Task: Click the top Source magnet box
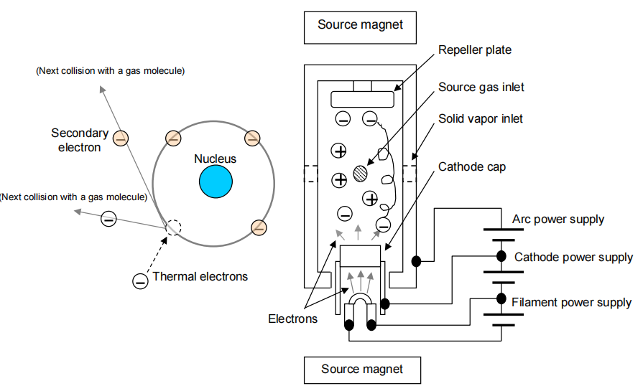coord(361,25)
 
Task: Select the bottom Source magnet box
coord(362,369)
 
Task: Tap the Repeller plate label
coord(475,50)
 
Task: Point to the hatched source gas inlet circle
coord(361,173)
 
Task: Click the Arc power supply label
coord(558,219)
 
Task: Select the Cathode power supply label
coord(573,257)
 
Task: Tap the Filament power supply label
coord(571,302)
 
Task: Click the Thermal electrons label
coord(200,277)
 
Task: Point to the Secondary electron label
coord(80,140)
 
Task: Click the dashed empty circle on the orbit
coord(173,227)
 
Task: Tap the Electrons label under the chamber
coord(292,319)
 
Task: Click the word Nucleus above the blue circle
coord(215,159)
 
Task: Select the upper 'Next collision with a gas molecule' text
coord(111,71)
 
